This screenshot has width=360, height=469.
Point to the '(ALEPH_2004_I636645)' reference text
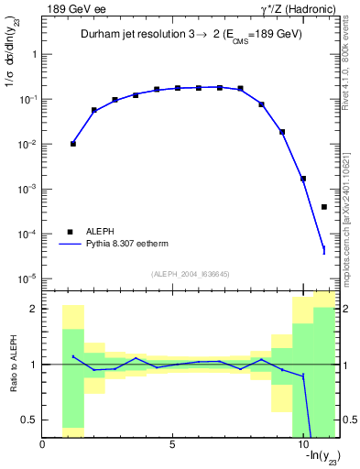coord(191,274)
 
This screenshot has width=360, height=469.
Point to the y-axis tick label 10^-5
coord(27,278)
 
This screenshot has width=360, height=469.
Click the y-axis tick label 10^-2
coord(27,144)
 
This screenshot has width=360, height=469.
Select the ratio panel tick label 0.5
coord(28,420)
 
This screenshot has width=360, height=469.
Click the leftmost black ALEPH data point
coord(73,144)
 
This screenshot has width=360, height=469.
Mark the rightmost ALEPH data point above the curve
coord(324,207)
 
